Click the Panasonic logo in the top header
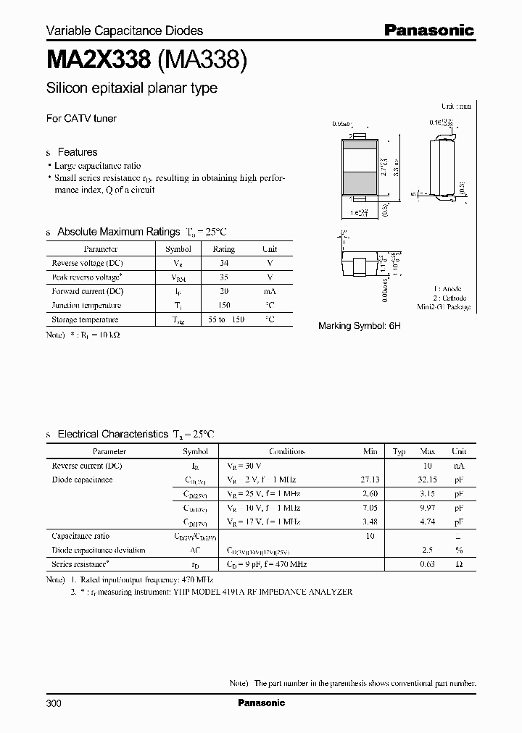[428, 30]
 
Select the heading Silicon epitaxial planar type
[131, 89]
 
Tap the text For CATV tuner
[81, 118]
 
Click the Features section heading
[77, 152]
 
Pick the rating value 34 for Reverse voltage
[223, 263]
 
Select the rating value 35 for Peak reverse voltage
[223, 277]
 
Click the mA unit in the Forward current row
[270, 291]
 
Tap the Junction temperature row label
[86, 305]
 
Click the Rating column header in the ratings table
[223, 248]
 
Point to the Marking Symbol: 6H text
[359, 326]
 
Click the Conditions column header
[286, 451]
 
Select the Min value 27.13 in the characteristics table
[370, 479]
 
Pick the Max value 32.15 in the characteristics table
[428, 479]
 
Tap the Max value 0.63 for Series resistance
[428, 564]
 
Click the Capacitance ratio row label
[80, 536]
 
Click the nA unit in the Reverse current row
[458, 466]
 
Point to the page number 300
[54, 703]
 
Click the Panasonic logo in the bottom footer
[261, 703]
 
